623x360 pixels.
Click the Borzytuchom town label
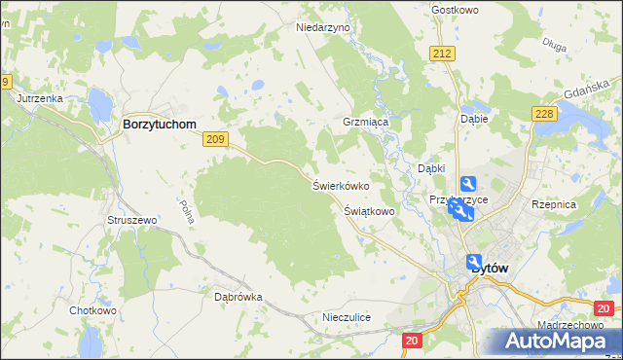(159, 125)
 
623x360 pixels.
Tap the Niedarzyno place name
(322, 28)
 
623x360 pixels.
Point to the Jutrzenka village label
(40, 98)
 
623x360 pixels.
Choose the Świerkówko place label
(340, 185)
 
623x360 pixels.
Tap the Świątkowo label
(369, 210)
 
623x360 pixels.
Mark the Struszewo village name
(131, 221)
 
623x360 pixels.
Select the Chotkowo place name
(92, 311)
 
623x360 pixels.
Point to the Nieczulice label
(347, 318)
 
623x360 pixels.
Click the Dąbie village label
(473, 119)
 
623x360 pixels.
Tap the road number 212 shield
(444, 54)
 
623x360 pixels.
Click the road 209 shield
(216, 141)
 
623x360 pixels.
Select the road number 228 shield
(544, 115)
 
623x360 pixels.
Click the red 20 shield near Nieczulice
(412, 341)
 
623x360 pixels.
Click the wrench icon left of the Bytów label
(474, 263)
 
